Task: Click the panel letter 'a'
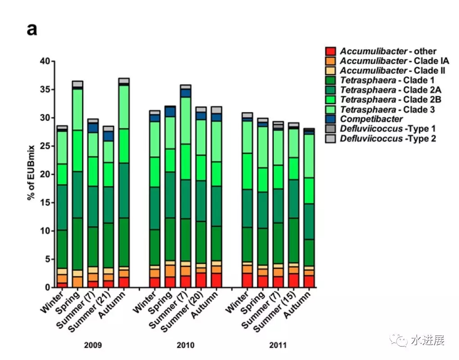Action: tap(32, 30)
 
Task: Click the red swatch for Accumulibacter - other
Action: tap(331, 51)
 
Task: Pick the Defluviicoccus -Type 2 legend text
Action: tap(388, 139)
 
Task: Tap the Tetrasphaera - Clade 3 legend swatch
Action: tap(331, 109)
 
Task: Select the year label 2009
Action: tap(93, 346)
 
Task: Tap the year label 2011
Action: tap(277, 346)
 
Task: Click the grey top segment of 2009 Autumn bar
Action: tap(124, 81)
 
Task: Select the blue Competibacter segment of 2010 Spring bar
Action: tap(170, 111)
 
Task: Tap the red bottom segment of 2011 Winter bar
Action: tap(247, 280)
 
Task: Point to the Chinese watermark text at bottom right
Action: tap(427, 340)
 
